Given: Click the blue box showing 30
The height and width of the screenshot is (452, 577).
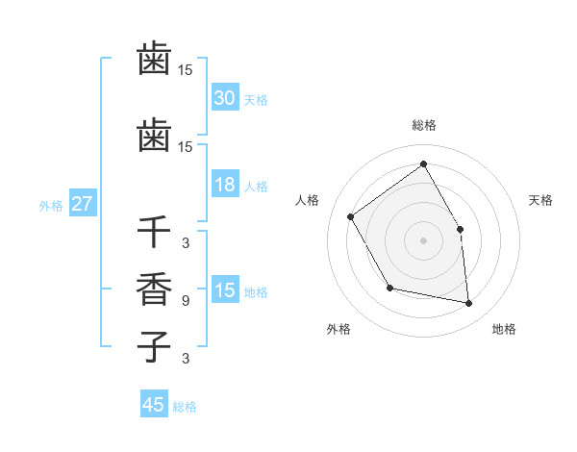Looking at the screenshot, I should pos(225,98).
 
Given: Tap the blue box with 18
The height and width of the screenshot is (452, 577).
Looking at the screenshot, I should pos(225,186).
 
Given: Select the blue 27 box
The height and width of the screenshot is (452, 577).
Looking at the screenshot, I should pos(83,204).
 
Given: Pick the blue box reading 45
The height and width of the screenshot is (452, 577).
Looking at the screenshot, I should pos(154,405).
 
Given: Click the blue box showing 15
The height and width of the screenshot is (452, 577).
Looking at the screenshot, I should pos(225,291).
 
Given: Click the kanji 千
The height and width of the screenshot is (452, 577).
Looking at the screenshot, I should pos(154,232).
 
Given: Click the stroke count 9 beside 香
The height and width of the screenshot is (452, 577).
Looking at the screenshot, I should pos(186,301).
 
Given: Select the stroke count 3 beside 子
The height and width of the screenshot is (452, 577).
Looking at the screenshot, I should pos(186,359).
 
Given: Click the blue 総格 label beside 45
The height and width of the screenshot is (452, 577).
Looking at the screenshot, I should pos(185,407).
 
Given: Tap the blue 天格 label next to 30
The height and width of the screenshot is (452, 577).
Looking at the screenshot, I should pos(256,100).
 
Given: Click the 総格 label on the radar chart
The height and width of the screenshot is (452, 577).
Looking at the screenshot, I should pos(424,125).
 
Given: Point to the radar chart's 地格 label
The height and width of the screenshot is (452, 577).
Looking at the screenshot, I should pos(504,329).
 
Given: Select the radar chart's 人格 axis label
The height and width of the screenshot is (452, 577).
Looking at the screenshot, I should pos(308,200).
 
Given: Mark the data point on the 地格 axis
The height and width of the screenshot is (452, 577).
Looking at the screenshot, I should pos(469,304).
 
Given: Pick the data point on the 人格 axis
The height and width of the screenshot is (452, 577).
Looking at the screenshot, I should pos(351,216).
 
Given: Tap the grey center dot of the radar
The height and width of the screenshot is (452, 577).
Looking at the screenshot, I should pos(423,240).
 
